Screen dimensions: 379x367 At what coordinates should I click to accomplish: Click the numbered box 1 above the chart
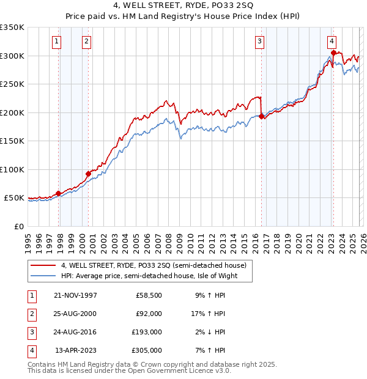coord(56,42)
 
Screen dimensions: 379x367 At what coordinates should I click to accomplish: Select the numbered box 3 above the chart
coord(259,42)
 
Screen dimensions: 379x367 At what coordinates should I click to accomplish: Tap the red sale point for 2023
coord(333,53)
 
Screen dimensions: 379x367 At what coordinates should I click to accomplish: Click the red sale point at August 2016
coord(262,117)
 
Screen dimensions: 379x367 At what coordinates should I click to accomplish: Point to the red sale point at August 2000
coord(88,174)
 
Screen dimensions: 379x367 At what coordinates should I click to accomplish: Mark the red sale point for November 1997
coord(59,193)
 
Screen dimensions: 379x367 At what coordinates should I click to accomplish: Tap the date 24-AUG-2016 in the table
coord(75,332)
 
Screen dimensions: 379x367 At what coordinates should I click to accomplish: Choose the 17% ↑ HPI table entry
coord(209,314)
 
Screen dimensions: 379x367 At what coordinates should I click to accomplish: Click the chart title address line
coord(184,8)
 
